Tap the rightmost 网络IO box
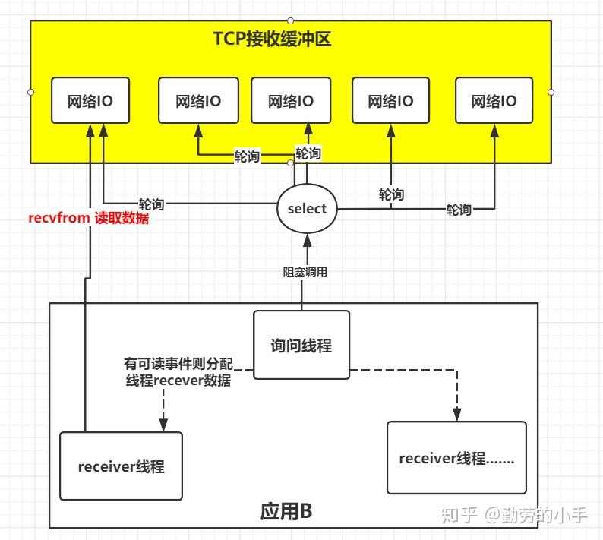click(494, 100)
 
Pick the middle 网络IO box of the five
click(291, 100)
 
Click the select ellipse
click(307, 209)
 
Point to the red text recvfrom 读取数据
click(89, 219)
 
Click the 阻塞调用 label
click(307, 272)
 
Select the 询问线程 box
click(301, 345)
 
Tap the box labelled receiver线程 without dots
click(121, 466)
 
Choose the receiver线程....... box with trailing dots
click(456, 458)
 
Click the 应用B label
click(286, 511)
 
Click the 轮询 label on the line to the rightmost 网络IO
click(459, 210)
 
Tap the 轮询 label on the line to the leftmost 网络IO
click(151, 204)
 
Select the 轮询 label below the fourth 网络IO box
click(391, 194)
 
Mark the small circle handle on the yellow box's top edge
click(291, 20)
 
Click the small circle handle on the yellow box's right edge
click(551, 92)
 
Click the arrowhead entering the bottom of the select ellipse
click(307, 241)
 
